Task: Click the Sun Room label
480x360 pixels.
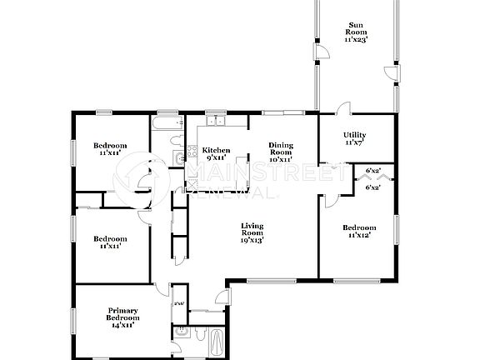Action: [356, 32]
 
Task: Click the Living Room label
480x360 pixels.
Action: [252, 232]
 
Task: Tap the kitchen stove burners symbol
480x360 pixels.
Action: [179, 157]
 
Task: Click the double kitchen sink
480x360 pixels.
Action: [216, 122]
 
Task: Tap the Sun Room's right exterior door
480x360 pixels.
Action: [387, 77]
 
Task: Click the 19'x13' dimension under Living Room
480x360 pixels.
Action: [252, 240]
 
